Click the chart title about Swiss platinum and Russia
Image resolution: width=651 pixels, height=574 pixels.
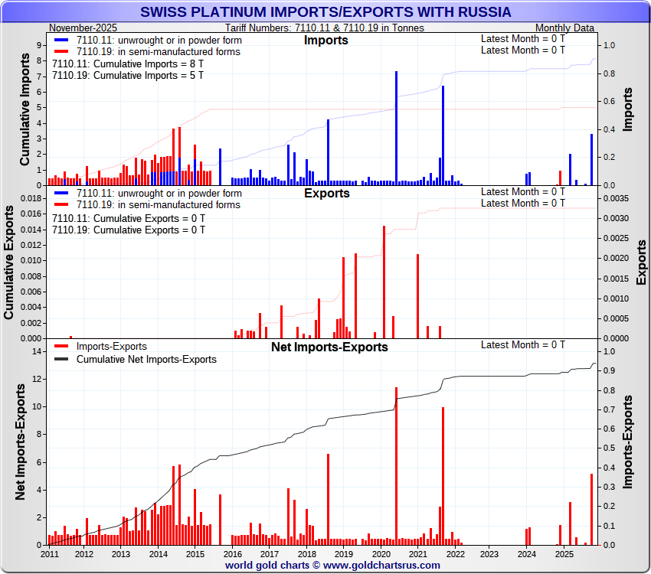[325, 12]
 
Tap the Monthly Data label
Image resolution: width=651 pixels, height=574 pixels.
[564, 28]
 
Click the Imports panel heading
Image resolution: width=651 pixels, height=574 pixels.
[325, 40]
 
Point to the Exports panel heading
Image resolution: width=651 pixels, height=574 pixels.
[326, 193]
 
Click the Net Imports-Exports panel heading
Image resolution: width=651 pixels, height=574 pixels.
[329, 347]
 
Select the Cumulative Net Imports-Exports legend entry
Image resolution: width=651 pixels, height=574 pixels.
[146, 359]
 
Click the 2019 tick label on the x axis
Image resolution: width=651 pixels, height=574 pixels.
[343, 553]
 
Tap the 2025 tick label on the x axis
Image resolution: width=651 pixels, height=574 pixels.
[564, 553]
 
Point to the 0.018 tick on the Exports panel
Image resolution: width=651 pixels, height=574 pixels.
[30, 198]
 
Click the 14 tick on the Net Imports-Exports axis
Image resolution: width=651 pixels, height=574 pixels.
[35, 351]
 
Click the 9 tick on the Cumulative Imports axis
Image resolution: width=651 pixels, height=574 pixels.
[39, 45]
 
